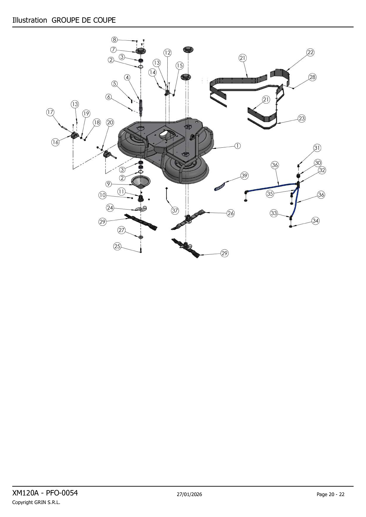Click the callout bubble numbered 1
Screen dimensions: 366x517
237,146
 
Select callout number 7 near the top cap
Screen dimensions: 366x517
113,50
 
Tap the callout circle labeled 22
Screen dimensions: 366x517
310,52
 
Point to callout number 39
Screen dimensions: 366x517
244,176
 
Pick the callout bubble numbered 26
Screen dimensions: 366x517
231,213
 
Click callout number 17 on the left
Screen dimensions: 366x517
50,112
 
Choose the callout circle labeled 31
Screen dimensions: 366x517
317,148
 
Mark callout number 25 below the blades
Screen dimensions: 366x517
117,246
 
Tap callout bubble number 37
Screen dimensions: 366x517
175,210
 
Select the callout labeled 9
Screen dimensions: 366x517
109,184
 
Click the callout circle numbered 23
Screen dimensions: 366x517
302,118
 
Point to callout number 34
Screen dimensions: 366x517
316,221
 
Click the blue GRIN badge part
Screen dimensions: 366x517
219,187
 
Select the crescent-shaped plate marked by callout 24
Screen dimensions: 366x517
141,209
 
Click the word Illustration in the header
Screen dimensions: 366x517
30,20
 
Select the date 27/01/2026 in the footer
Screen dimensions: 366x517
189,494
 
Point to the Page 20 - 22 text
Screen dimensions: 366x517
331,494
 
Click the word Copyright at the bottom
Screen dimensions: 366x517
22,503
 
